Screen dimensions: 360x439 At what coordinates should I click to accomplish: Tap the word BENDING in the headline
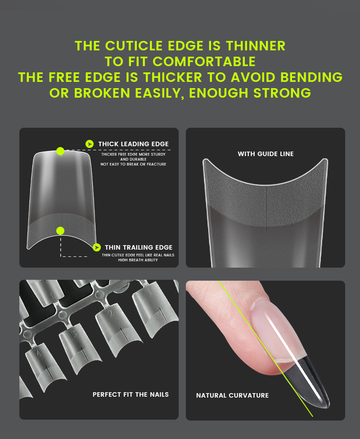[311, 77]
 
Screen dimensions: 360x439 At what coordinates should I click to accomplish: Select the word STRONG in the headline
[283, 93]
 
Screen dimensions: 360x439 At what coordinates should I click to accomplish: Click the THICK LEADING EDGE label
[133, 144]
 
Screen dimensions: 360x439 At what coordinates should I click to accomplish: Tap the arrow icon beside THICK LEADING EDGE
[90, 144]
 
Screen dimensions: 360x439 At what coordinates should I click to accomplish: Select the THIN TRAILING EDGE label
[139, 247]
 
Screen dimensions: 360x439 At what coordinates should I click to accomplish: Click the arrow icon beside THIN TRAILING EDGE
[97, 247]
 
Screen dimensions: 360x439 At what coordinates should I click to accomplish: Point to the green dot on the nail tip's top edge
[60, 151]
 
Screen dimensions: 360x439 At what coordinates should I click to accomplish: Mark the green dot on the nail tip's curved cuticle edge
[60, 231]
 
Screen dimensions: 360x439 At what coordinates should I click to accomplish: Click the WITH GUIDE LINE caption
[265, 154]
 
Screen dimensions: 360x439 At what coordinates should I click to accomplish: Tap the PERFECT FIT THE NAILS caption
[130, 394]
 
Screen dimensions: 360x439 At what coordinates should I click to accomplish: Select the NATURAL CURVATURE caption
[232, 395]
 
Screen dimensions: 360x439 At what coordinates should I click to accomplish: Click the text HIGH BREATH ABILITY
[138, 260]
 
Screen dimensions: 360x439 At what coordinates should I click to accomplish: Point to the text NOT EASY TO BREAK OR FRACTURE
[133, 164]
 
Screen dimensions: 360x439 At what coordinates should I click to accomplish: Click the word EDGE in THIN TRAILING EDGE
[164, 247]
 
